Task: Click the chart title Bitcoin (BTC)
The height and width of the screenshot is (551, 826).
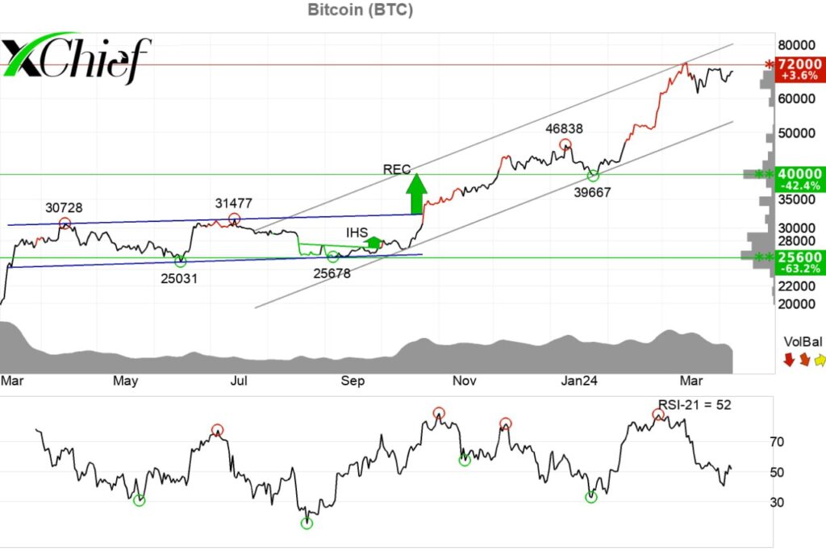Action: click(360, 10)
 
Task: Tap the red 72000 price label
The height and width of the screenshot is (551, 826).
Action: click(799, 64)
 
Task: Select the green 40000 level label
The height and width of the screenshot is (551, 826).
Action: click(799, 173)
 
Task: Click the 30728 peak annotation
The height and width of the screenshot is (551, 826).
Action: click(65, 207)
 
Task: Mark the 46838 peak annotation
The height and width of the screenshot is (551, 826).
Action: click(564, 127)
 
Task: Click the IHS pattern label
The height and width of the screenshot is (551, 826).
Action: click(357, 232)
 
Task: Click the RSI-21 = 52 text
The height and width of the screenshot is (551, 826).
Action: click(693, 404)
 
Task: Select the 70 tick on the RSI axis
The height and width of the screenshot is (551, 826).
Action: click(777, 441)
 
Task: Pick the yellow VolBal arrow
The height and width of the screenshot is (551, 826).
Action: click(820, 359)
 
